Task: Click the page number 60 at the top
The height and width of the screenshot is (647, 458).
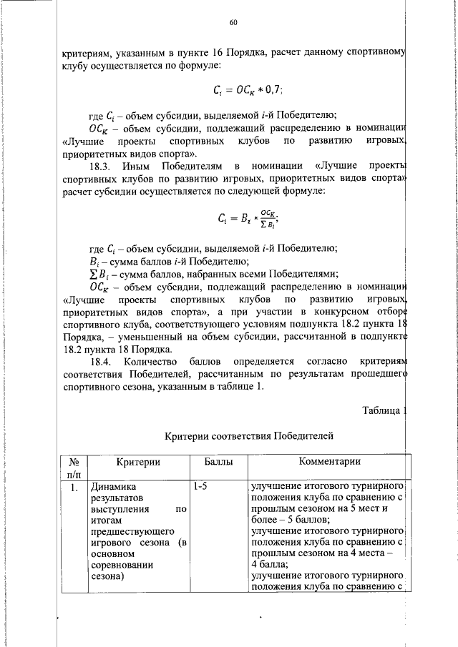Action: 233,23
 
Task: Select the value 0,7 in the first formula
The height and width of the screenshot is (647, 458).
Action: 273,90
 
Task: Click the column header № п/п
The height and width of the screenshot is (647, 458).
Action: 74,468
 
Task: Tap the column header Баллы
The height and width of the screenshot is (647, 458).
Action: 218,463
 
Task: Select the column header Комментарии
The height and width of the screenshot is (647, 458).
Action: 330,463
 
